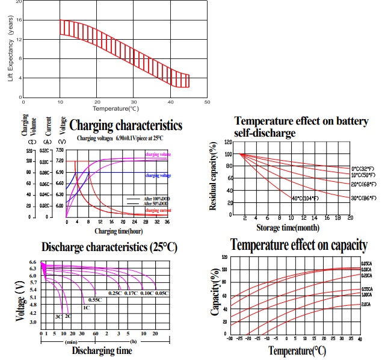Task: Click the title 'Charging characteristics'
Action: coord(125,125)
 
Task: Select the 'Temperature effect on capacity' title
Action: coord(298,245)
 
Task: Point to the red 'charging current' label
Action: coord(158,210)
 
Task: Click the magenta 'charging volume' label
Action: coord(158,155)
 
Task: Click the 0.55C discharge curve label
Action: coord(94,299)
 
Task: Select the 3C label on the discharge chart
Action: coord(59,316)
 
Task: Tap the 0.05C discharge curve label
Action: coord(162,293)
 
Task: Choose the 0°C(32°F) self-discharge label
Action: coord(364,168)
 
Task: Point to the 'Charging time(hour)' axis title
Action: coord(119,230)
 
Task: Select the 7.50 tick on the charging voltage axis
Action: coord(60,150)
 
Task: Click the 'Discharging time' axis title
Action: coord(102,350)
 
